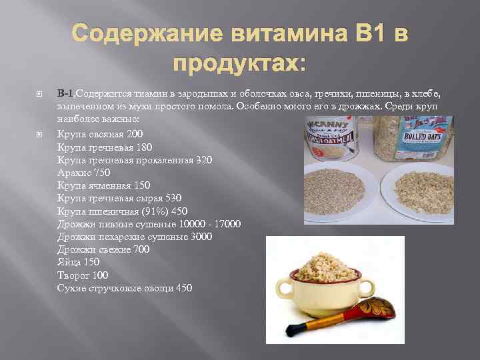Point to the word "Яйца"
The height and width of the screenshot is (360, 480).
(x=69, y=263)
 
